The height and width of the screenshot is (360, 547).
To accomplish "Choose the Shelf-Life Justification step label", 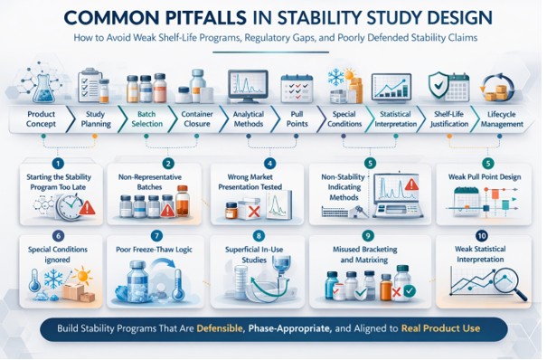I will pos(449,120).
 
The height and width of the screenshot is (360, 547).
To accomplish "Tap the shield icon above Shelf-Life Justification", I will pos(439,86).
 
